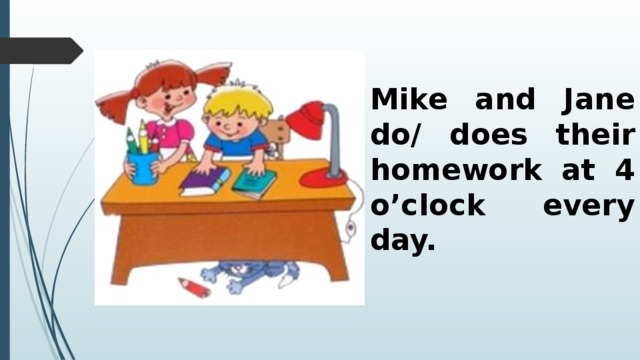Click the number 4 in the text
point(624,171)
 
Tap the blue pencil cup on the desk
point(143,166)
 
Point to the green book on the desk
point(254,183)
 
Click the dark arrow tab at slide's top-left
point(40,49)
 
